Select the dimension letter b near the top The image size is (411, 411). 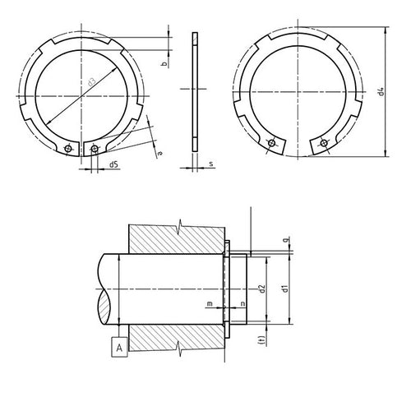pos(164,63)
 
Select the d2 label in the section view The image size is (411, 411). pos(261,289)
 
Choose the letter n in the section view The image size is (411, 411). pos(243,304)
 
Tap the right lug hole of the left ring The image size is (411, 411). pos(96,149)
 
